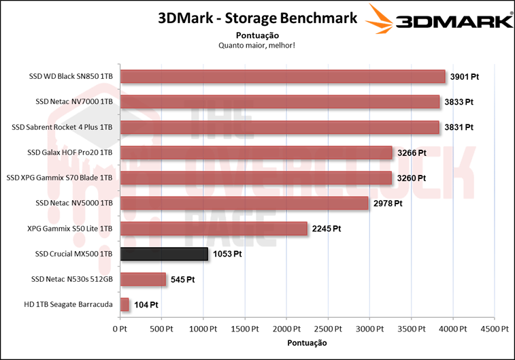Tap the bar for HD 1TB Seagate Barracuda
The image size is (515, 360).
[x=124, y=304]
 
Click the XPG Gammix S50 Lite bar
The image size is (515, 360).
[x=214, y=229]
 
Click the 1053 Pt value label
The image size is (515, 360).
[x=227, y=254]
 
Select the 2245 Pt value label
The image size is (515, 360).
[x=325, y=229]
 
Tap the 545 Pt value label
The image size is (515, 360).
[x=182, y=279]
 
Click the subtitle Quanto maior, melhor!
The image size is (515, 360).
[x=256, y=46]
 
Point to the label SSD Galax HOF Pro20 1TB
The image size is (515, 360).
[x=69, y=152]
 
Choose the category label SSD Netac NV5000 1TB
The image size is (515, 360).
[x=73, y=203]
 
